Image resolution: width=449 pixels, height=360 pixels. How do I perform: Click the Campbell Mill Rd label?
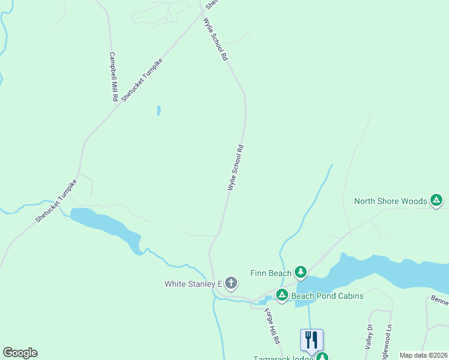[113, 76]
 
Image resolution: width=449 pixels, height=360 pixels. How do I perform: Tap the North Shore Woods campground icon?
[436, 201]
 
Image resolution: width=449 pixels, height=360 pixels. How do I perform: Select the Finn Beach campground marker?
[301, 273]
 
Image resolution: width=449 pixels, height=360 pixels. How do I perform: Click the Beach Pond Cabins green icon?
[282, 295]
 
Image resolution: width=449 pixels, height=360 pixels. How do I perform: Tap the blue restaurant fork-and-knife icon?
[312, 340]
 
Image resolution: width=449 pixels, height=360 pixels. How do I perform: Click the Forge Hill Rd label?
[273, 326]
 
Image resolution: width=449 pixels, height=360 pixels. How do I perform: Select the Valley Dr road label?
[369, 337]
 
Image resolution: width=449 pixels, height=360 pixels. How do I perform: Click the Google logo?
[20, 353]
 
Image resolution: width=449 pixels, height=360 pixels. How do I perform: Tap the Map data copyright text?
[423, 355]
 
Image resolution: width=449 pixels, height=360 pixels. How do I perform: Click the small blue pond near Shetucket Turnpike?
[158, 110]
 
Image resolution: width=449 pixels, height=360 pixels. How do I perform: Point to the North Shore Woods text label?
[390, 202]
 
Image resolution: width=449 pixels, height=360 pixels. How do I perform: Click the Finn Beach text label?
[270, 274]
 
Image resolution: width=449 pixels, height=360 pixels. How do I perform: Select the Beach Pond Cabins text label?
[327, 296]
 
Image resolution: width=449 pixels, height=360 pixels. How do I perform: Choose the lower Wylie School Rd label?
[235, 167]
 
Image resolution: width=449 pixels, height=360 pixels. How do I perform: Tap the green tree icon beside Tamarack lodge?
[322, 356]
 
